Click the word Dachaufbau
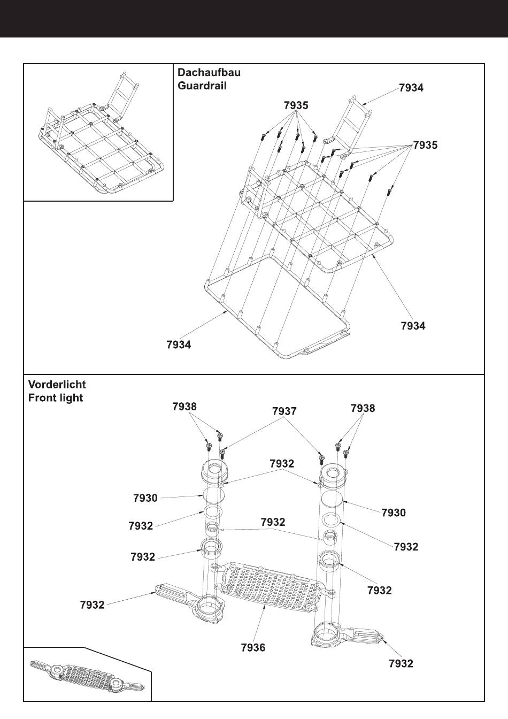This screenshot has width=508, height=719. tap(209, 72)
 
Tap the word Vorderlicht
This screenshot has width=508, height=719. tap(57, 384)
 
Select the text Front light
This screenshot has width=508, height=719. tap(56, 398)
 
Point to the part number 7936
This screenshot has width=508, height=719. tap(253, 647)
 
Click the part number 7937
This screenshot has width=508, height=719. tap(284, 411)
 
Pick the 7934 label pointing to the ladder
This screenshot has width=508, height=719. tap(411, 88)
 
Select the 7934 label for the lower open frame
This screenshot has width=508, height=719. tap(179, 345)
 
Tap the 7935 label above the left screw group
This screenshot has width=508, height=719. tap(296, 105)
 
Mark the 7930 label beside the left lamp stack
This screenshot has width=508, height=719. tap(145, 498)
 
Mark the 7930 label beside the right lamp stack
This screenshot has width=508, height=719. tap(394, 513)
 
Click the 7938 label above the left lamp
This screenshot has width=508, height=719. tap(184, 407)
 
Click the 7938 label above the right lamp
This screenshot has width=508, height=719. tap(363, 408)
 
